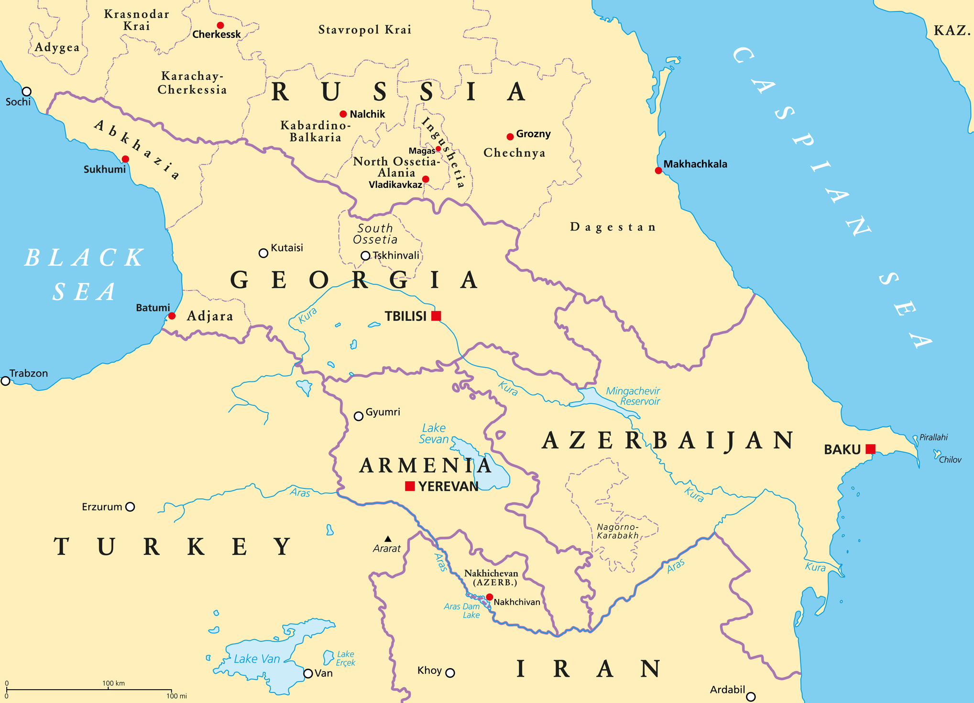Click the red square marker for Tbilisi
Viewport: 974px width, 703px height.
click(x=436, y=316)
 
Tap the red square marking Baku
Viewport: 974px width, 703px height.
click(x=871, y=449)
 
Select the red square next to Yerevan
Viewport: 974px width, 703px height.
click(x=410, y=486)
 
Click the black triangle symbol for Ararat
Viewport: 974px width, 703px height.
click(x=388, y=539)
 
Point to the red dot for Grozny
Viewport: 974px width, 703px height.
click(x=510, y=137)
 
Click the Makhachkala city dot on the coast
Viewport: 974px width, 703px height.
click(x=658, y=171)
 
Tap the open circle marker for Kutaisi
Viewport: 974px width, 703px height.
click(x=263, y=253)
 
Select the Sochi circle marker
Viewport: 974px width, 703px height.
click(x=27, y=91)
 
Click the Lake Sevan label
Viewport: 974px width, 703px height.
click(x=434, y=433)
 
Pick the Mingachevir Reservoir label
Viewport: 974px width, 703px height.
click(x=633, y=396)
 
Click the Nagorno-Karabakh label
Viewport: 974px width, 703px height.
click(x=617, y=531)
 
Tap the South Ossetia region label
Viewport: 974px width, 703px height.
click(x=375, y=234)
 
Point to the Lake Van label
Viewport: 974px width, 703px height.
click(x=257, y=659)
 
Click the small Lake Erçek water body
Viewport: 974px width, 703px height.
click(x=328, y=657)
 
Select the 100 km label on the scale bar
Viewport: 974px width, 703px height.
click(x=113, y=683)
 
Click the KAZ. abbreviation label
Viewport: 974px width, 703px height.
click(x=952, y=31)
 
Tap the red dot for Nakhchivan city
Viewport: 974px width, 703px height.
click(x=489, y=597)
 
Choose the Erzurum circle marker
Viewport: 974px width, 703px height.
click(x=130, y=507)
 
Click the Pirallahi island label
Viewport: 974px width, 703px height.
click(x=933, y=437)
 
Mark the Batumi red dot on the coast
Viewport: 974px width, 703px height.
click(x=172, y=316)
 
